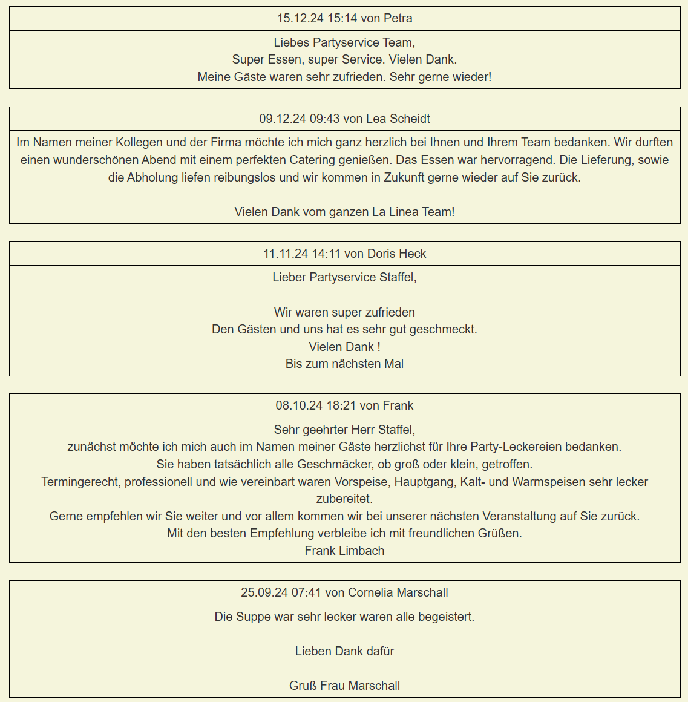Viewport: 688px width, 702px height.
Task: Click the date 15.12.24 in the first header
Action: (300, 18)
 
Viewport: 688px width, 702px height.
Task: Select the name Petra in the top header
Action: (398, 18)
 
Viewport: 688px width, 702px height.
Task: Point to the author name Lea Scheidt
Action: (398, 119)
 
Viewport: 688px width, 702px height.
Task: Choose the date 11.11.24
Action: (286, 254)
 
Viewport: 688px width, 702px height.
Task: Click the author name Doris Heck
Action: (397, 254)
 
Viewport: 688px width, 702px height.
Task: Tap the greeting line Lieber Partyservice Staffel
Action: (344, 277)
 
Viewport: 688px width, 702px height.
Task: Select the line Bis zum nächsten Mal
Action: (344, 364)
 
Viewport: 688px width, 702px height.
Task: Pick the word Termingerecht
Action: (80, 482)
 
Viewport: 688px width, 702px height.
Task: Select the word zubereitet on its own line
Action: (344, 499)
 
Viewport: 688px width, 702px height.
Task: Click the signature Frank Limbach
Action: (344, 551)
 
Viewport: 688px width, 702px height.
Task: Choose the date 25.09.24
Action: (264, 592)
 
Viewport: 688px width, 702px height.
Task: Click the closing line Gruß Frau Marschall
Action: (344, 686)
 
